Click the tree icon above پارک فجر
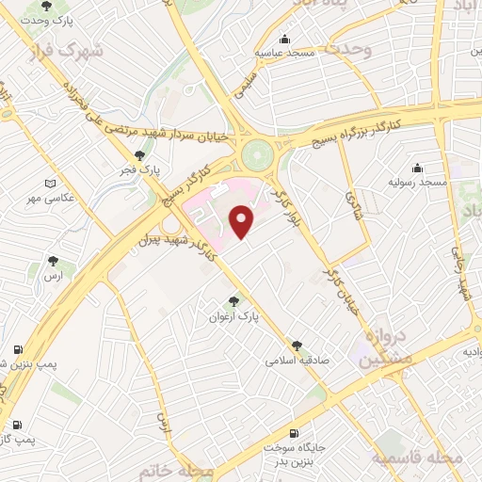(x=139, y=156)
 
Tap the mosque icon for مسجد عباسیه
(x=284, y=40)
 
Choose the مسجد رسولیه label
(x=419, y=181)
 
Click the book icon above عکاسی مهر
(x=50, y=184)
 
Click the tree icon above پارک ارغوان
(x=233, y=301)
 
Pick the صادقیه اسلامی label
(x=294, y=360)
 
